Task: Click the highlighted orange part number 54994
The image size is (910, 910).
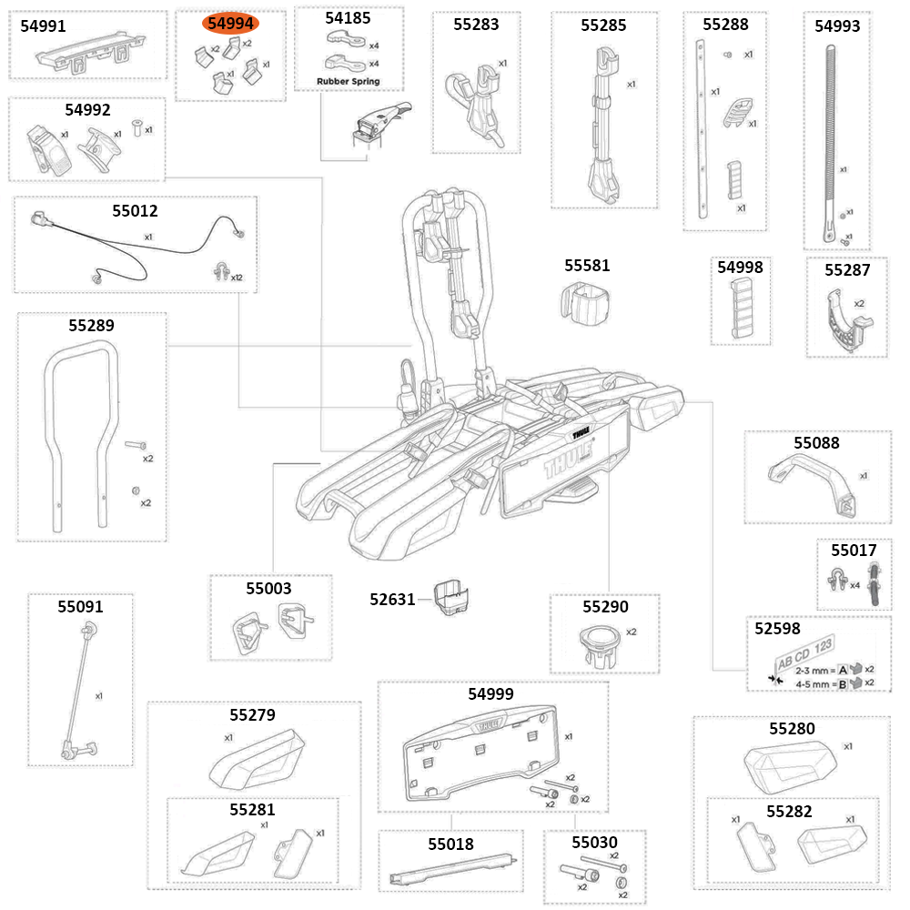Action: (x=230, y=24)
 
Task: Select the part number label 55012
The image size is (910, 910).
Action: (x=135, y=211)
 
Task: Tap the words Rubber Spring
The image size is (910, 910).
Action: (x=348, y=81)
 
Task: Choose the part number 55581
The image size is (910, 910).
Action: (x=587, y=266)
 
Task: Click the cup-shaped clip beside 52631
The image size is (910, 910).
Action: (x=452, y=598)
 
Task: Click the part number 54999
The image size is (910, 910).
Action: (x=490, y=693)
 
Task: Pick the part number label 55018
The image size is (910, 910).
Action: (x=450, y=844)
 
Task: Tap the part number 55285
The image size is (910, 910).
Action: (x=603, y=25)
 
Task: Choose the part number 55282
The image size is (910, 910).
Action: (x=789, y=811)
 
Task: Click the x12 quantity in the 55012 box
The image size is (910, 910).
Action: (x=237, y=277)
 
